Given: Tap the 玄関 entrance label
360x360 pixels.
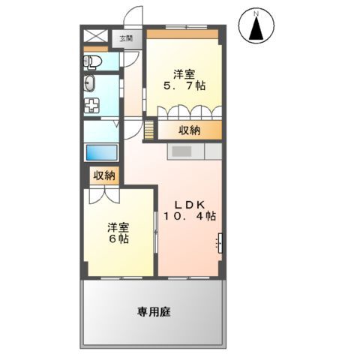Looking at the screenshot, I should point(121,37).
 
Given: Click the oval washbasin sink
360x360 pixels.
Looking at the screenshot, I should point(90,83).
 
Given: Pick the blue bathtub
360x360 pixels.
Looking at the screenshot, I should point(100,152).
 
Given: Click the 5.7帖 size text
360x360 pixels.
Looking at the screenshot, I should point(184,86).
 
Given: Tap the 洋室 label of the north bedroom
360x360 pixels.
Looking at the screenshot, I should point(184,73).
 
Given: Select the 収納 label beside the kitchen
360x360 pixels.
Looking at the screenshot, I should point(189,130).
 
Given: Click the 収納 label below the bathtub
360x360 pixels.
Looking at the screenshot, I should point(104,175).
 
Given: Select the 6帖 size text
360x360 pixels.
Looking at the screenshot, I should point(117,239).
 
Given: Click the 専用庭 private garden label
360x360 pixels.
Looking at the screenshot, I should point(153,311).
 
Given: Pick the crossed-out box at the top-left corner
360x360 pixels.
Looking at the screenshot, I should point(95,35).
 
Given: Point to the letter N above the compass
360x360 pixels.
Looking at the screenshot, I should point(255,13).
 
